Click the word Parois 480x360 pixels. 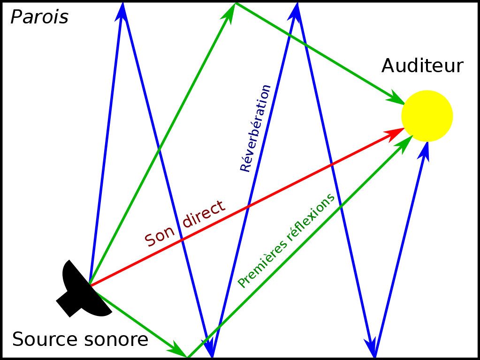tap(39, 17)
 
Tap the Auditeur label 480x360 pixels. tap(422, 66)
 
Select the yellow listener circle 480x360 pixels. tap(427, 116)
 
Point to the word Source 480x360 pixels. tap(45, 339)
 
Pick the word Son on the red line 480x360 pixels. tap(160, 236)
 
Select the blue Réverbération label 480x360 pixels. tap(255, 128)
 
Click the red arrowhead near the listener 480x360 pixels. tap(395, 133)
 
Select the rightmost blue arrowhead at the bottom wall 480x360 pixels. tap(371, 348)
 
